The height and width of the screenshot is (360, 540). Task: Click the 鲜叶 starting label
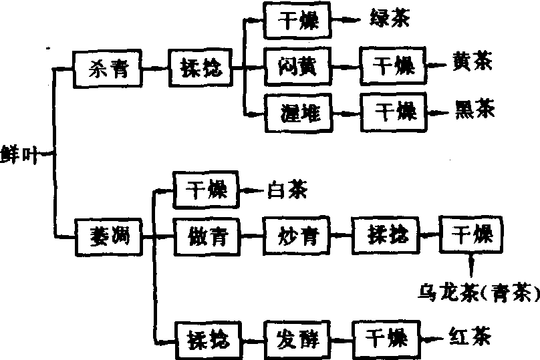pyautogui.click(x=19, y=154)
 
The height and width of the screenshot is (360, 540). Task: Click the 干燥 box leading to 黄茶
pyautogui.click(x=392, y=67)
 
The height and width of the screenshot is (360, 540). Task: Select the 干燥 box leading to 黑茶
pyautogui.click(x=392, y=112)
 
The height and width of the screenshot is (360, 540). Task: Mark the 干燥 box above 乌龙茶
pyautogui.click(x=472, y=235)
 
